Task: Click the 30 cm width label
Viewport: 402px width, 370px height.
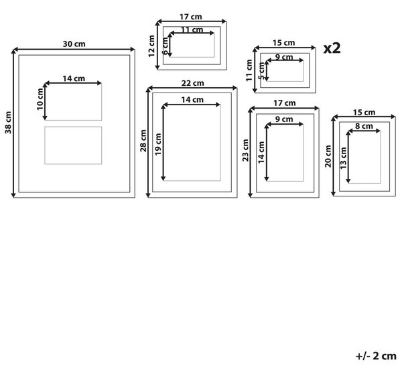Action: click(x=74, y=44)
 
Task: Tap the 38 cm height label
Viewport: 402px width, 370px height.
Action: click(x=8, y=123)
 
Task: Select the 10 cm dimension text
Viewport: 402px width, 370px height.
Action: click(x=40, y=99)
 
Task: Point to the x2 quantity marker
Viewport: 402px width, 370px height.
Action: click(x=332, y=48)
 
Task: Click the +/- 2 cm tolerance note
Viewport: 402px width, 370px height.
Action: click(x=376, y=356)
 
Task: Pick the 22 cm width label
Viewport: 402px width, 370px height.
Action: click(x=192, y=83)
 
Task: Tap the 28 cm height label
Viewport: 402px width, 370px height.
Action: click(x=143, y=141)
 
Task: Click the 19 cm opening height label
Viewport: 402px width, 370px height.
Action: click(x=158, y=144)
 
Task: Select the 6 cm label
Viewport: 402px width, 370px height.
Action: click(x=165, y=46)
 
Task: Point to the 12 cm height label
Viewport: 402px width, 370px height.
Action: click(x=151, y=46)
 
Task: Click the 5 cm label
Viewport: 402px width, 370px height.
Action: click(x=261, y=71)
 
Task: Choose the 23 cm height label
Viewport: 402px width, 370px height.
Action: click(x=246, y=150)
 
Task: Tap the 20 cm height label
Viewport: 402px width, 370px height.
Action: click(x=328, y=156)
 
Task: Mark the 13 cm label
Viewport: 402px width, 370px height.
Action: click(x=343, y=158)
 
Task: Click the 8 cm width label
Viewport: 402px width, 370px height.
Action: click(x=364, y=126)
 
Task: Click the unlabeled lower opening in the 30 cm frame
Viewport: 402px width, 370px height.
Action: click(x=73, y=145)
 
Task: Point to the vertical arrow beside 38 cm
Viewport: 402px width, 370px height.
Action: click(x=13, y=123)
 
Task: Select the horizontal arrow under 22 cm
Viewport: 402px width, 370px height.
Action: click(x=192, y=88)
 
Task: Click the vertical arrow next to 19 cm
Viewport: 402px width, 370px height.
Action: click(x=163, y=143)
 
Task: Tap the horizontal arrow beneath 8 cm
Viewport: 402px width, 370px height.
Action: click(x=364, y=131)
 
